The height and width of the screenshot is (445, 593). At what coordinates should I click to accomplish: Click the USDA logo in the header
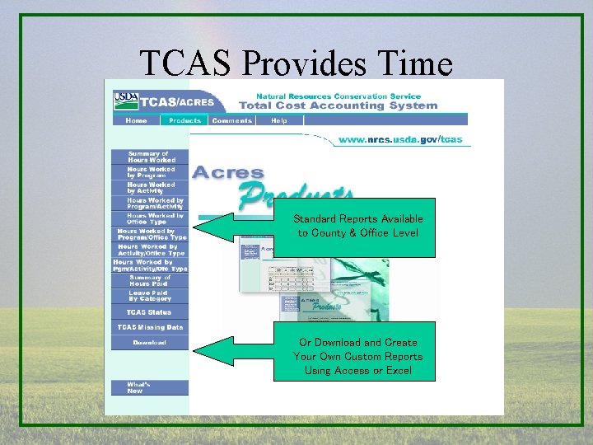[x=126, y=101]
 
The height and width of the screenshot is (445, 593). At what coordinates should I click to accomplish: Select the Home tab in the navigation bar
[x=137, y=120]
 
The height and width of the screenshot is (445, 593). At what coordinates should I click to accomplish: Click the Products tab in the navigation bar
[x=185, y=120]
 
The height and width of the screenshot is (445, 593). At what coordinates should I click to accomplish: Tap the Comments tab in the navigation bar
[x=231, y=120]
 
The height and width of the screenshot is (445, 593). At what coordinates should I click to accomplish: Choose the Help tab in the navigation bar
[x=279, y=120]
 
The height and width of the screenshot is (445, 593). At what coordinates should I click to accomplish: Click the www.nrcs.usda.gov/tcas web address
[x=400, y=139]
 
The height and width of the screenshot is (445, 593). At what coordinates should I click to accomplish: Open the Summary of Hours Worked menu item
[x=149, y=157]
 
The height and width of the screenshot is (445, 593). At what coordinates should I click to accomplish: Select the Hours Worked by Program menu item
[x=149, y=172]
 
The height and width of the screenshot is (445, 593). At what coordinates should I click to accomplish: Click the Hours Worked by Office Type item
[x=149, y=218]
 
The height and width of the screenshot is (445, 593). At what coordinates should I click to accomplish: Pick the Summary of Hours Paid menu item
[x=149, y=280]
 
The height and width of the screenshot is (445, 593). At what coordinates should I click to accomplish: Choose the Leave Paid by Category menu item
[x=149, y=296]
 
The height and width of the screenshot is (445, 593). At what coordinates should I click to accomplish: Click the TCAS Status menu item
[x=149, y=312]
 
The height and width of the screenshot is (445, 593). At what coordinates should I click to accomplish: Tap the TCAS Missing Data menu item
[x=149, y=327]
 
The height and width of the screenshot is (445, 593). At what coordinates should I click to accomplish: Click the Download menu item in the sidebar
[x=149, y=342]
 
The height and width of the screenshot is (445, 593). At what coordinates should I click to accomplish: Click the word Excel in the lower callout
[x=399, y=371]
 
